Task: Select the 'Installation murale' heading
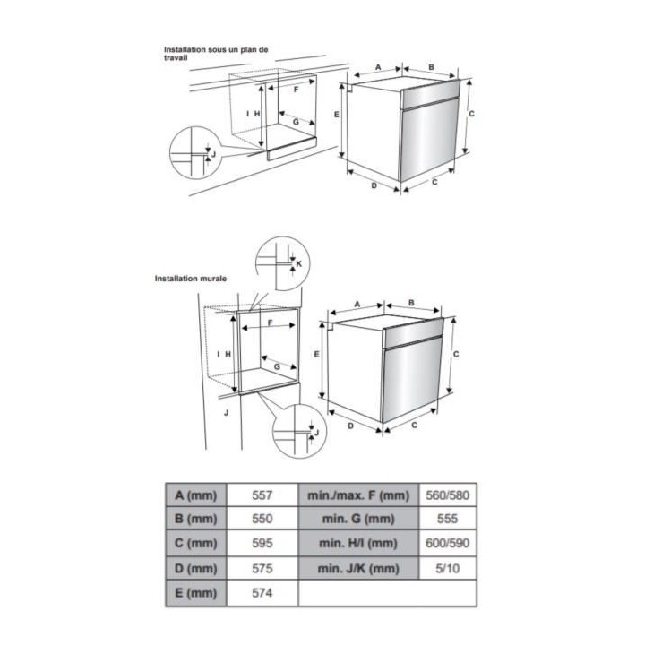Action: coord(190,279)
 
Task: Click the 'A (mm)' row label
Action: coord(196,494)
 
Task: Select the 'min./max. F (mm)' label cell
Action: coord(357,494)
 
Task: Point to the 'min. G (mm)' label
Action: coord(357,519)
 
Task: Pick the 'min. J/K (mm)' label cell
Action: coord(357,569)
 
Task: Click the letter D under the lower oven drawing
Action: coord(350,426)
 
